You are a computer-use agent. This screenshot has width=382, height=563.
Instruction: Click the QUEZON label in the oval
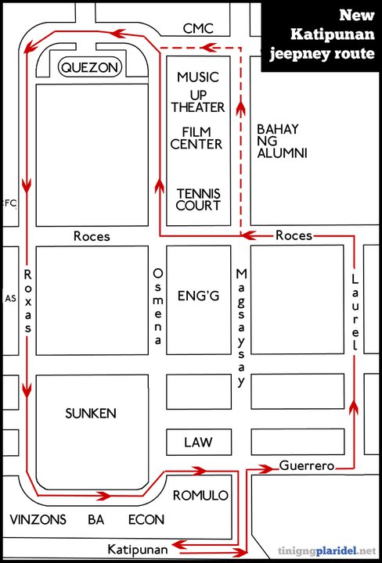coord(89,67)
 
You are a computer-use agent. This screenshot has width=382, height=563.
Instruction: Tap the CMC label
coord(198,28)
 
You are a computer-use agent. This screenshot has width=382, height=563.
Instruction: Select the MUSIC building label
coord(198,77)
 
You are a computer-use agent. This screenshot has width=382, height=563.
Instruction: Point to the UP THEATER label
coord(198,101)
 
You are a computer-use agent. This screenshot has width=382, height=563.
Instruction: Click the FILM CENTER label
coord(196,138)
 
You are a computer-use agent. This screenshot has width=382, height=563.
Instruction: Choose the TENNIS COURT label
coord(198,199)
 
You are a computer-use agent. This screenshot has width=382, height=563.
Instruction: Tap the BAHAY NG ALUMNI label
coord(283,141)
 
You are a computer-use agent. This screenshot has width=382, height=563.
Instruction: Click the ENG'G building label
coord(199,296)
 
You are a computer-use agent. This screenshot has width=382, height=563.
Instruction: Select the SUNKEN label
coord(91,414)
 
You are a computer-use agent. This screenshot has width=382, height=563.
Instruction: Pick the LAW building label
coord(198,443)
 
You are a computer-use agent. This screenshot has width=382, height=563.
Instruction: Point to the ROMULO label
coord(200,496)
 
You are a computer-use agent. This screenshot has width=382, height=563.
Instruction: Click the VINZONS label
coord(38,519)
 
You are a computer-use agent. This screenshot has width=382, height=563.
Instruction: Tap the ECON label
coord(146,519)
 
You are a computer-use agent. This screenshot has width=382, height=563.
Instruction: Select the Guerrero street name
coord(307,466)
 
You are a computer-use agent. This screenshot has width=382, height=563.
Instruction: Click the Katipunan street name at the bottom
coord(138,550)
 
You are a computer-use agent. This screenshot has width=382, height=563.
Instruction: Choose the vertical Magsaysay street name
coord(241,328)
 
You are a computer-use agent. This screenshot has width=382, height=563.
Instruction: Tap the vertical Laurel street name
coord(355,312)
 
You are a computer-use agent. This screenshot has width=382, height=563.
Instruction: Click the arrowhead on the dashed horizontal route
coord(207,47)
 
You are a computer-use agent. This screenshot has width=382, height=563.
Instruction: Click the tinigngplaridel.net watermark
coord(327,550)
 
